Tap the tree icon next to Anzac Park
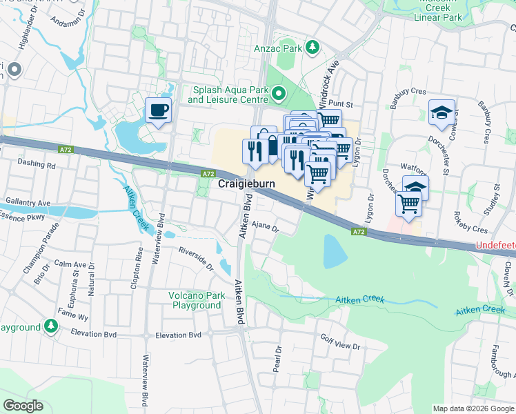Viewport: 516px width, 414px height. pos(313,47)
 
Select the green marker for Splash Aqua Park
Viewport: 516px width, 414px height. pos(279,92)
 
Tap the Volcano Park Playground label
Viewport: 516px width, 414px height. pos(197,301)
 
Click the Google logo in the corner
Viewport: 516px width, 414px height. pos(23,406)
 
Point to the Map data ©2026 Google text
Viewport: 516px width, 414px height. pos(473,408)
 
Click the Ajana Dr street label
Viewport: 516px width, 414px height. pos(264,226)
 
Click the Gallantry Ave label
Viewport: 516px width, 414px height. pos(26,202)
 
